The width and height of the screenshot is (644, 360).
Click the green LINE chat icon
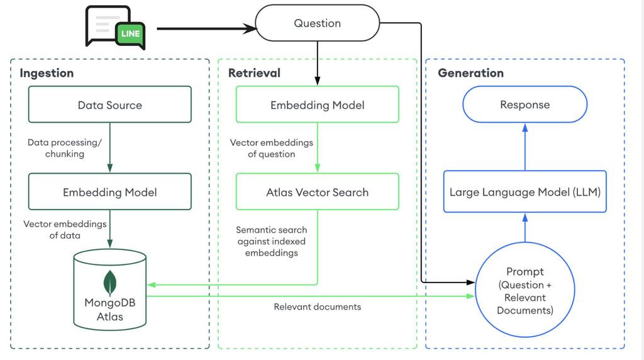click(130, 34)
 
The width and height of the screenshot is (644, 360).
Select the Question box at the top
click(317, 23)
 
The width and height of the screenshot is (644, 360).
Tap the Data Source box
click(109, 104)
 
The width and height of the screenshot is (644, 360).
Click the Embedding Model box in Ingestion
click(109, 192)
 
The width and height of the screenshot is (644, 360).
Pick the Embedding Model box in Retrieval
click(317, 104)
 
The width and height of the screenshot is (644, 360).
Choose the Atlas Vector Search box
click(317, 192)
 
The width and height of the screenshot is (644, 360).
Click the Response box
click(525, 104)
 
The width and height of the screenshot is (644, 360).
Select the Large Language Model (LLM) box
click(525, 192)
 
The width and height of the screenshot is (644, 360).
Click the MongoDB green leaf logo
click(110, 283)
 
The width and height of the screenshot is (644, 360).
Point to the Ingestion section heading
click(47, 73)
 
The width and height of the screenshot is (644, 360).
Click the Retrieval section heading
click(254, 73)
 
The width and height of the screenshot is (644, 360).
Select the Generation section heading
click(470, 73)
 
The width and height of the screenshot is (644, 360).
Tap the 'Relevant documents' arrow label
click(317, 307)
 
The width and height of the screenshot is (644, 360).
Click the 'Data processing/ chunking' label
click(64, 148)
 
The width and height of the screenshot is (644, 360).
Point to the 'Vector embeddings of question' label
click(271, 148)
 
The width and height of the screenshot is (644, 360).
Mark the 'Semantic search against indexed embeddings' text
click(271, 241)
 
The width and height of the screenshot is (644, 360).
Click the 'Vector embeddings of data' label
click(65, 229)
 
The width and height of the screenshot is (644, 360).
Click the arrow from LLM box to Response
click(525, 146)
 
